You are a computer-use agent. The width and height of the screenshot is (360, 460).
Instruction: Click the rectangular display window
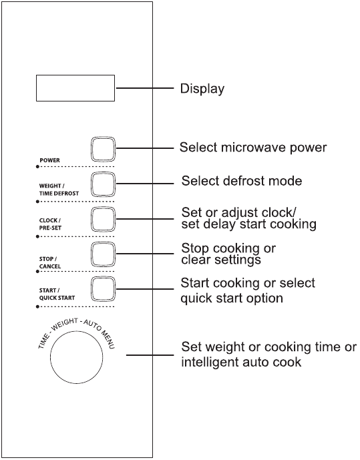click(x=75, y=88)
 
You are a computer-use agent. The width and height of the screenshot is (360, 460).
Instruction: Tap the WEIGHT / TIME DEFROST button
click(x=103, y=184)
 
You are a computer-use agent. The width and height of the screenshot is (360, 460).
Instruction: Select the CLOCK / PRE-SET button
click(x=103, y=219)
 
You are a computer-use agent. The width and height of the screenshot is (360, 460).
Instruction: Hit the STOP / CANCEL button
click(x=103, y=254)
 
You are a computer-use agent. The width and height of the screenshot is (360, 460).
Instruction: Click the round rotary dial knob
click(x=77, y=357)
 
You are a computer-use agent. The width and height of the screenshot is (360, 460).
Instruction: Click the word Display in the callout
click(x=202, y=89)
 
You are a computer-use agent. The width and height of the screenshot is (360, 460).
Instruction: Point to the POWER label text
click(x=49, y=160)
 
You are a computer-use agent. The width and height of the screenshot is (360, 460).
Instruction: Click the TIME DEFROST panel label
click(x=59, y=194)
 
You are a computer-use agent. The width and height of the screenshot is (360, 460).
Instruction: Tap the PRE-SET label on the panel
click(x=51, y=228)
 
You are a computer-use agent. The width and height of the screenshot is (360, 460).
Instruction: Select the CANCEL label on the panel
click(x=50, y=266)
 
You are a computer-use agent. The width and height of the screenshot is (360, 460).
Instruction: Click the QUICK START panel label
click(x=57, y=298)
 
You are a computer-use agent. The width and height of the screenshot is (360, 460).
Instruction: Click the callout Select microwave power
click(x=253, y=148)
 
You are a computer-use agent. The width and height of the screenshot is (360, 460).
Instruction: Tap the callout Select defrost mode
click(x=242, y=181)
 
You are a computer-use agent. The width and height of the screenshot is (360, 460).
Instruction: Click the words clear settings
click(x=221, y=260)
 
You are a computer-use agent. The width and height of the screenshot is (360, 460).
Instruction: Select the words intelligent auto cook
click(x=241, y=362)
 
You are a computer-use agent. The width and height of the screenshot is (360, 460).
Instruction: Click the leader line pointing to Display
click(x=145, y=88)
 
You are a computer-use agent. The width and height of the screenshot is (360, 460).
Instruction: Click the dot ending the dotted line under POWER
click(x=37, y=167)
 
